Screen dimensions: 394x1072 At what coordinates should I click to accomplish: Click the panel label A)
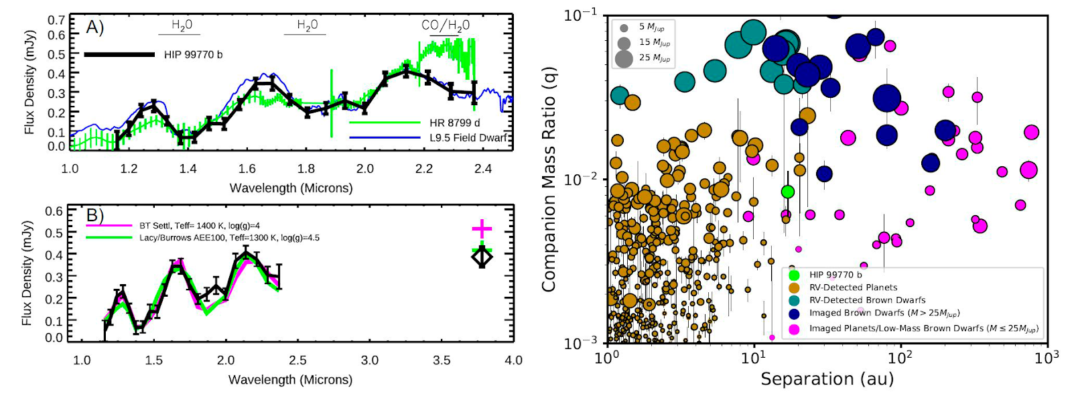tap(94, 27)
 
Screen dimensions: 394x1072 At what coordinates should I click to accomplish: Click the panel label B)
tap(94, 216)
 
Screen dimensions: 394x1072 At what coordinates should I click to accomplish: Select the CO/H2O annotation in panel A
tap(445, 25)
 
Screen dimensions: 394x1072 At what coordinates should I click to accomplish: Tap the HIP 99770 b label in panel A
tap(193, 54)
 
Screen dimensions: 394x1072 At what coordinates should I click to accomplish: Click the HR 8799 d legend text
tap(454, 123)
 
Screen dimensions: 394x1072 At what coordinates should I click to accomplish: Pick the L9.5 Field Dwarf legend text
tap(468, 137)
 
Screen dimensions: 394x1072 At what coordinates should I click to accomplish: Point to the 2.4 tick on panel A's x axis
tap(482, 169)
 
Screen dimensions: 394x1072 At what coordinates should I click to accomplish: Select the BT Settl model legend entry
tap(199, 226)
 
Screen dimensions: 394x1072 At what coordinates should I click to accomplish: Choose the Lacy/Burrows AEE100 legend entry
tap(228, 238)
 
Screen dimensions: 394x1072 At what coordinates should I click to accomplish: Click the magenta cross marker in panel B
tap(482, 229)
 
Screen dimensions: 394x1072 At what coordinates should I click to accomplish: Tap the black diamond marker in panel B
tap(482, 257)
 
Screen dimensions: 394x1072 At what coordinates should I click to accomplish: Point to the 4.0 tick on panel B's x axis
tap(513, 360)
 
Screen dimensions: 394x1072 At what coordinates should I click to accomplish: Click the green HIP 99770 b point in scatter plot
tap(788, 192)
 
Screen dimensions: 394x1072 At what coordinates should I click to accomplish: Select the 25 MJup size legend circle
tap(624, 58)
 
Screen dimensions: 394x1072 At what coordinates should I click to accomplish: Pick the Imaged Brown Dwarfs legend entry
tap(884, 313)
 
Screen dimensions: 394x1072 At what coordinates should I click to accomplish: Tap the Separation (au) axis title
tap(827, 379)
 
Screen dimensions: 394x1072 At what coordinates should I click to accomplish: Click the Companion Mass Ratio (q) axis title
tap(549, 179)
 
